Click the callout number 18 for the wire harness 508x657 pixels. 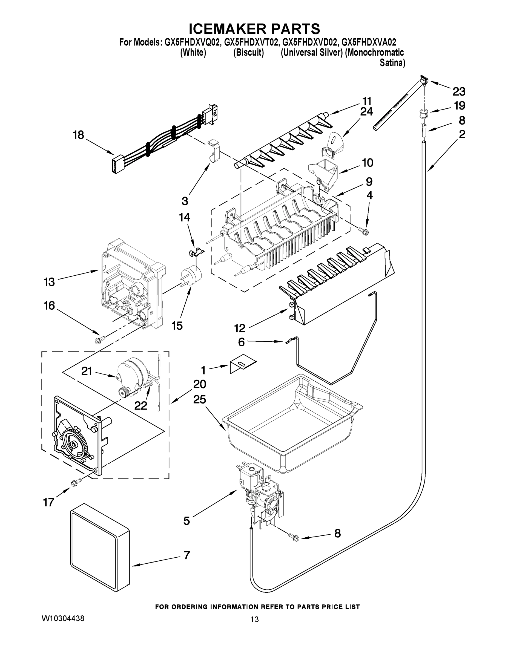(x=78, y=135)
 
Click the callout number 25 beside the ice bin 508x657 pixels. (x=200, y=399)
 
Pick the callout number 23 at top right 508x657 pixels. (x=459, y=91)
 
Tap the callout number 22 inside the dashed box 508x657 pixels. (x=140, y=405)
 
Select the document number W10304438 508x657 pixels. (x=63, y=618)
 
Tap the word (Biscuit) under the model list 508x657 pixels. (x=249, y=53)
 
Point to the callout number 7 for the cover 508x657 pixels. (x=186, y=555)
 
